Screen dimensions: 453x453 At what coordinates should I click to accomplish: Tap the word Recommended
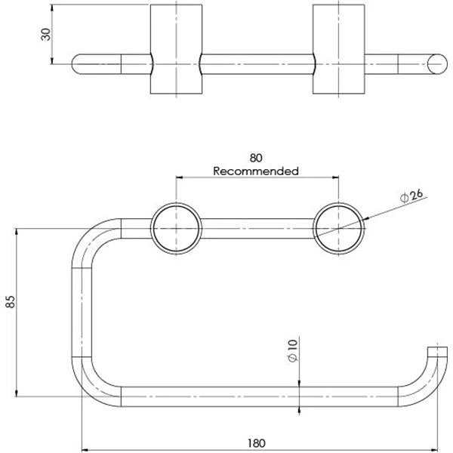coord(257,171)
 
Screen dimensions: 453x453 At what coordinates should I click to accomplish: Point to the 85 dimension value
coord(10,303)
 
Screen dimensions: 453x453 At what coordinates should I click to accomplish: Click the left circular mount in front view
coord(176,228)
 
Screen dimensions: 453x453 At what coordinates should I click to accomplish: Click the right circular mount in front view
coord(337,228)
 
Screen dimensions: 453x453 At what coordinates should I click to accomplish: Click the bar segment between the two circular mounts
coord(257,228)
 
